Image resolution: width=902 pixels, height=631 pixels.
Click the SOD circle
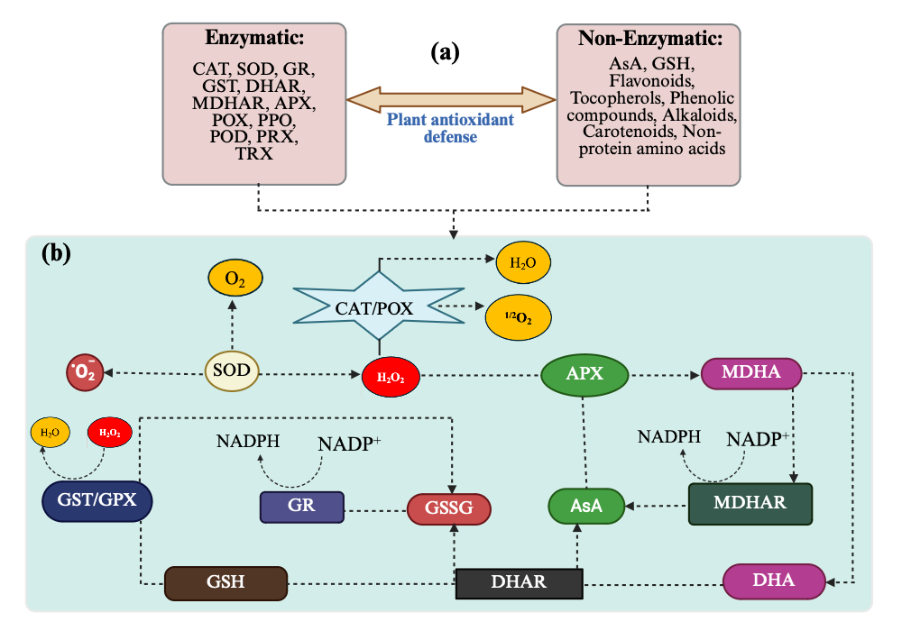tap(233, 370)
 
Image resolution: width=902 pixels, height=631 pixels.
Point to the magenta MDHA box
tap(751, 371)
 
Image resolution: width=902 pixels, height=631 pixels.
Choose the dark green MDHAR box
tap(750, 503)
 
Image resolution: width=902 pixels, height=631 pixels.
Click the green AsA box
tap(587, 507)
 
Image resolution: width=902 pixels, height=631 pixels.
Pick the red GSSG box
tap(449, 508)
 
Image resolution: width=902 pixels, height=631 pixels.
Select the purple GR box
tap(301, 506)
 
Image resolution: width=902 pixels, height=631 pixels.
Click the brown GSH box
tap(225, 582)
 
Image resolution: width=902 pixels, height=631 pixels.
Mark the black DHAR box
tap(519, 582)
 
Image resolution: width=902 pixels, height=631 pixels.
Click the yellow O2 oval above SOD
tap(235, 279)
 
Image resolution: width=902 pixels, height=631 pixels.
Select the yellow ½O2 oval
tap(519, 319)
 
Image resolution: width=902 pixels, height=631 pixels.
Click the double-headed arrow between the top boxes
tap(451, 97)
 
